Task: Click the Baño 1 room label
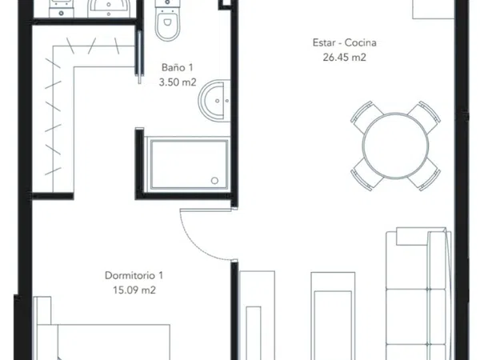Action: tap(178, 67)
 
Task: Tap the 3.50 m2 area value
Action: tap(178, 82)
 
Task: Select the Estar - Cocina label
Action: tap(344, 42)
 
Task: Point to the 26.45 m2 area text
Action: tap(344, 58)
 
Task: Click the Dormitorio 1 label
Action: tap(134, 275)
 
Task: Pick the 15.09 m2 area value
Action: tap(134, 290)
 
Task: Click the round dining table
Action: tap(395, 146)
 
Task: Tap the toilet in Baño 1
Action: tap(167, 21)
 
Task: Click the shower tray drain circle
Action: tap(214, 181)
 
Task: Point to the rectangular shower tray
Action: tap(189, 164)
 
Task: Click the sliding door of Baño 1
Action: tap(139, 57)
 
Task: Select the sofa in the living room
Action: tap(418, 294)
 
